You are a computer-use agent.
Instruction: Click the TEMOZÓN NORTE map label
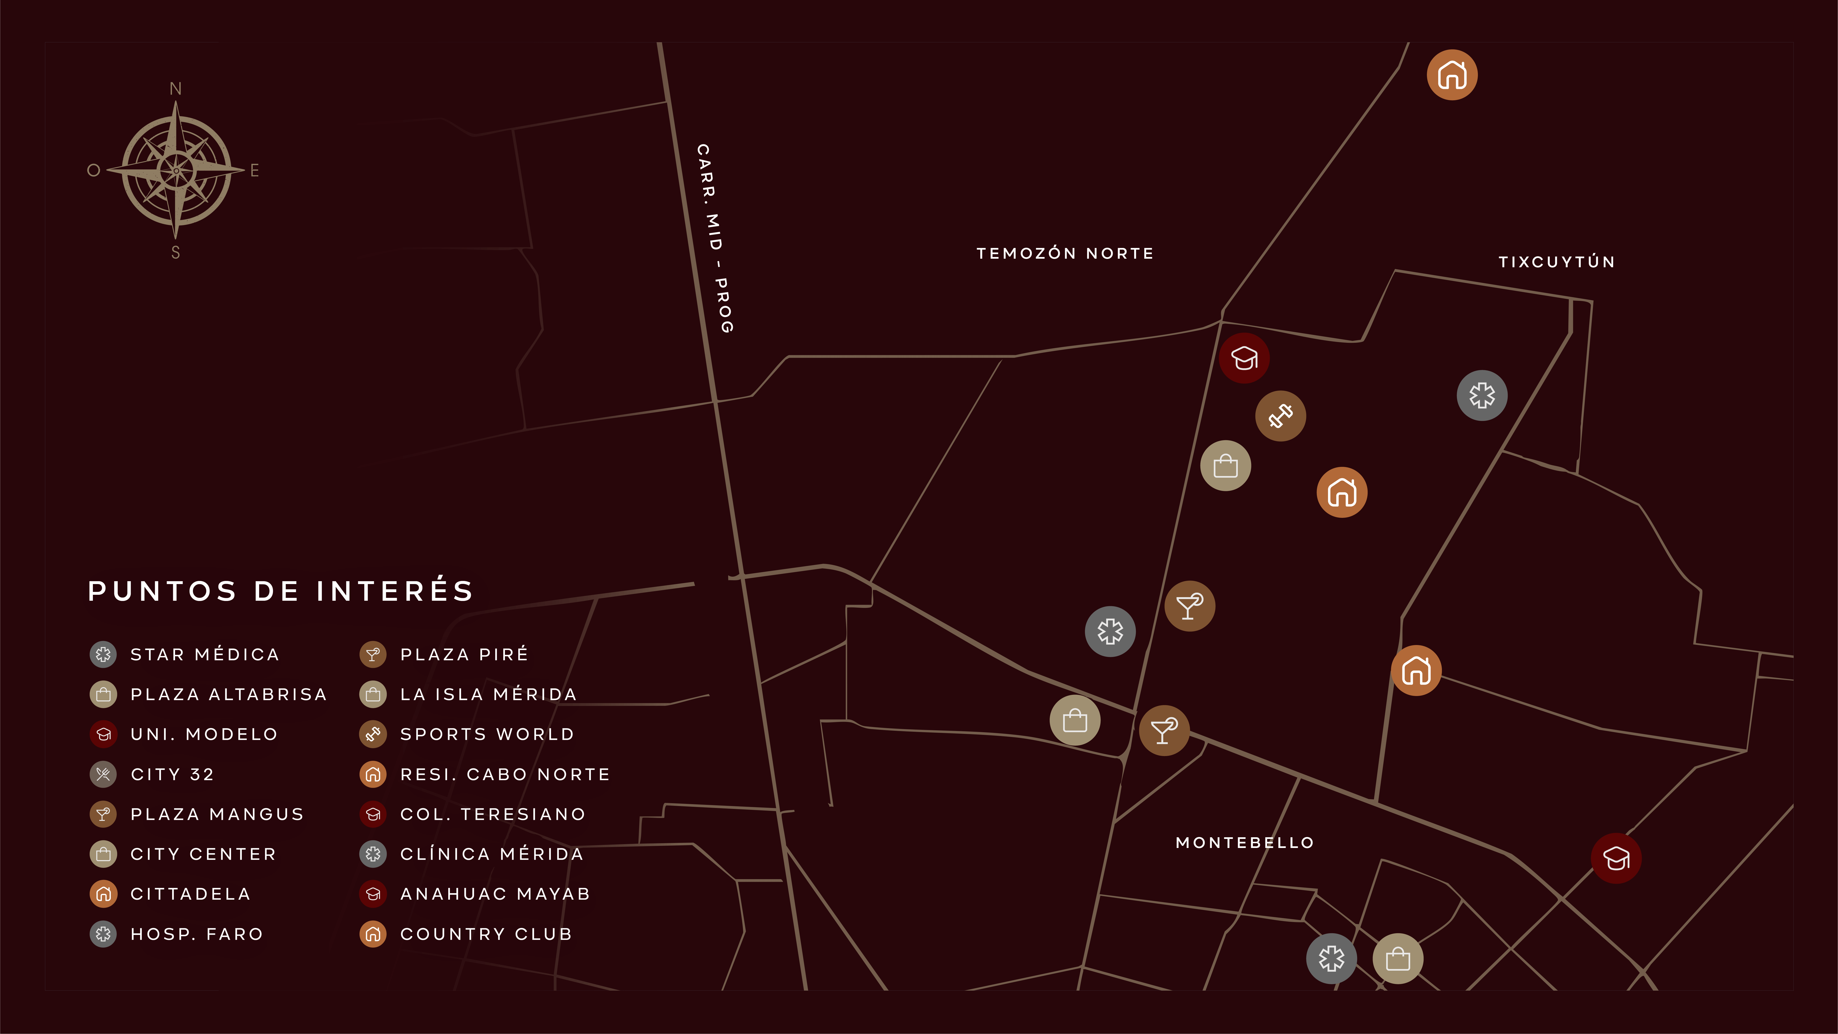1065,253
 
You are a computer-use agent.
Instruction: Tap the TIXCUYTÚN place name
1556,262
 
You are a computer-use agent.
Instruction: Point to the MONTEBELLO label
1244,843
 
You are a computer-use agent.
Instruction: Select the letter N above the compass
176,88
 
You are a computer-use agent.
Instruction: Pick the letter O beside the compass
93,171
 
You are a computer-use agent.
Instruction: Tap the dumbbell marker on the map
1281,416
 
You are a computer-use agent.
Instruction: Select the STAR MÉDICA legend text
205,654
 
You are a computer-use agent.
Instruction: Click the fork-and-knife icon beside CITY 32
103,774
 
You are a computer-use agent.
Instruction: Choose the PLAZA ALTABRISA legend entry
228,694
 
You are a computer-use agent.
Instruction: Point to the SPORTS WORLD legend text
487,734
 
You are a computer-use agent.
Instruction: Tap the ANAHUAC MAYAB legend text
495,894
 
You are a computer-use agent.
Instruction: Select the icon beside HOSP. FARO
103,934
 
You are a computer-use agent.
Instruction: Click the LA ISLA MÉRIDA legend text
489,694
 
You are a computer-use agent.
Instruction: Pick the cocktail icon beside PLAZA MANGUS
103,814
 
